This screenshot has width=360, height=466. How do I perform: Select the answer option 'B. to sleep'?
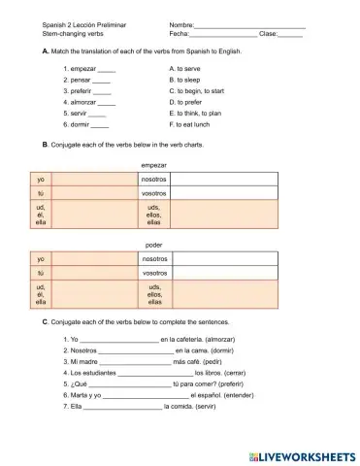click(188, 81)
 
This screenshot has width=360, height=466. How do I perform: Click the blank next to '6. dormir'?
click(99, 126)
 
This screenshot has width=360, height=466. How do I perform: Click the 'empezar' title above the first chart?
click(154, 165)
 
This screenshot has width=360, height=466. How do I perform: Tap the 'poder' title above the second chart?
click(153, 245)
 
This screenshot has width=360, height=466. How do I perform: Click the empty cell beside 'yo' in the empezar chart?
click(94, 180)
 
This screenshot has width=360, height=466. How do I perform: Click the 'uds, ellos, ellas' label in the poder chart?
click(154, 294)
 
